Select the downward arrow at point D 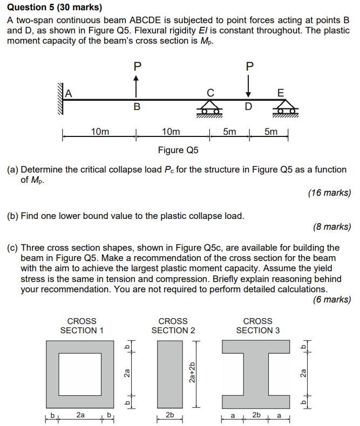[248, 85]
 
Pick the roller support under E [287, 109]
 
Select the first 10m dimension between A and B [100, 132]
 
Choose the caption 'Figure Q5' [178, 150]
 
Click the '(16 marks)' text [329, 193]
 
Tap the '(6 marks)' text [331, 300]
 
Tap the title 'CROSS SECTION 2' [173, 326]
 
